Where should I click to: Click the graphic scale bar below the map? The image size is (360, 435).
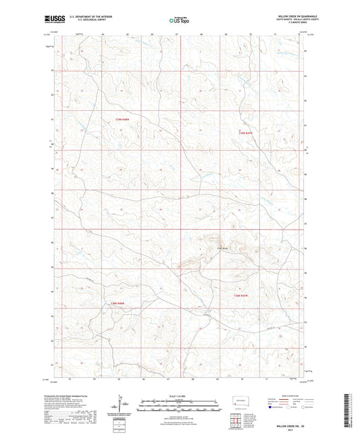[x=179, y=407]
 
